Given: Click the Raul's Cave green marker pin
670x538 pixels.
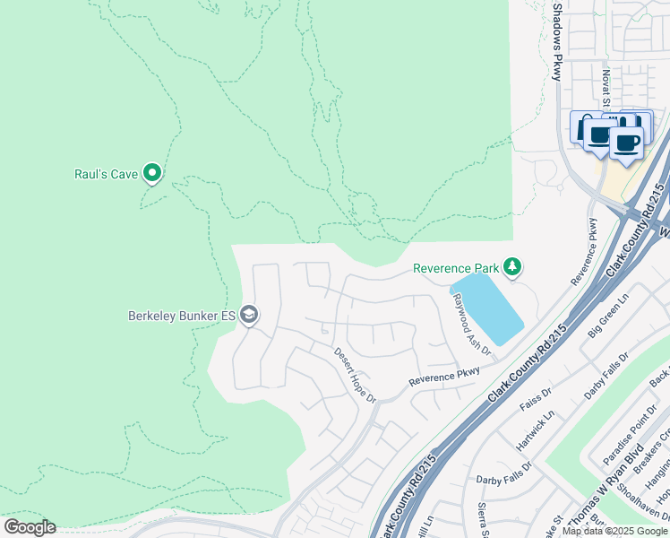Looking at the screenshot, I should point(153,172).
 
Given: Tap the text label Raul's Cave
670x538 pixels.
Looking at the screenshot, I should point(106,174).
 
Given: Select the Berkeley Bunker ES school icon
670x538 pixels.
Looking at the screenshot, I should point(250,315).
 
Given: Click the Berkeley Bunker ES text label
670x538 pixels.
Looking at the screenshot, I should point(183,316).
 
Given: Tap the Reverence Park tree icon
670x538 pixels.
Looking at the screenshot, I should point(511,266).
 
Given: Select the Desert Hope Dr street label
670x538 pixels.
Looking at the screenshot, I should point(355,375).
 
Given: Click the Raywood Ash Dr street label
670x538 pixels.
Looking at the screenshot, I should point(472,324).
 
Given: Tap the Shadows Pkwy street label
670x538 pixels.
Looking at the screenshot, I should point(557,40).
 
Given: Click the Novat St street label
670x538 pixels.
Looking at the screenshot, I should point(606,86).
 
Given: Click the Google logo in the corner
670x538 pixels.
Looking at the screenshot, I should point(30,527).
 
